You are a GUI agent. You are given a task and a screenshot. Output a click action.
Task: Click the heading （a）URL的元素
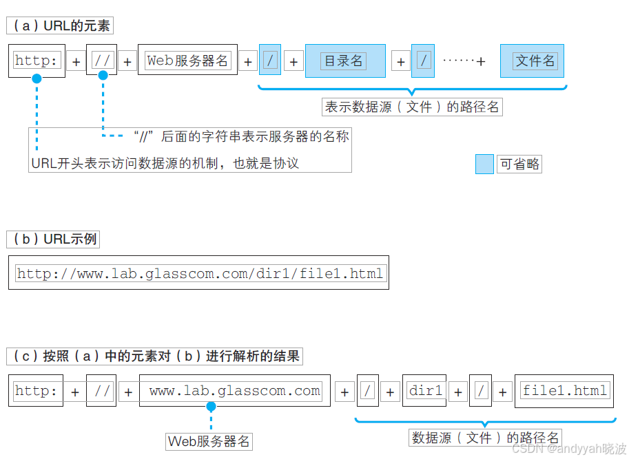tap(59, 26)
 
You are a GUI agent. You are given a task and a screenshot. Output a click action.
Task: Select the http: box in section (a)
tap(37, 61)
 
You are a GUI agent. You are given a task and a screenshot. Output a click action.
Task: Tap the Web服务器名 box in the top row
tap(187, 61)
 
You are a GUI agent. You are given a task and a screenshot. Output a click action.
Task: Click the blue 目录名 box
tap(344, 61)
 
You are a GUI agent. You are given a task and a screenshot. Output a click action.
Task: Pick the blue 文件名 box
tap(535, 61)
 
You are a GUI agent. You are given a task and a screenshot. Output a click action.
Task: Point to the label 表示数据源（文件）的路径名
tap(412, 107)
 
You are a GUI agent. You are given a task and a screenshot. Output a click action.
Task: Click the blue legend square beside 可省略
tap(485, 164)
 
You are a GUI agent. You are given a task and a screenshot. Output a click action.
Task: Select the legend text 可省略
tap(519, 164)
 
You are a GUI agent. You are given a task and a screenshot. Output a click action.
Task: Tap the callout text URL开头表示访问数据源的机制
tap(165, 163)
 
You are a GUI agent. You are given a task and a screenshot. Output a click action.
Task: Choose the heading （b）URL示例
tap(52, 239)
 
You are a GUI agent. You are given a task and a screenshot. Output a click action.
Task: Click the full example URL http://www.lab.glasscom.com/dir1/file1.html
tap(200, 274)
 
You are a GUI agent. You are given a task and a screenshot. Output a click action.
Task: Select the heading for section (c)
tap(155, 356)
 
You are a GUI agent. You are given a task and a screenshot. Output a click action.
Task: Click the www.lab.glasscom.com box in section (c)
tap(235, 392)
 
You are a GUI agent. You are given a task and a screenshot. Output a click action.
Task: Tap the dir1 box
tap(425, 392)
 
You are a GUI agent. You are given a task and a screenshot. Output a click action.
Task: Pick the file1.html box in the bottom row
tap(565, 392)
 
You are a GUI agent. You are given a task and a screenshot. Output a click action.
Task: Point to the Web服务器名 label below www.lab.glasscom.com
tap(209, 441)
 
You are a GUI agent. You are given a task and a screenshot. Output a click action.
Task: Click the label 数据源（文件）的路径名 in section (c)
tap(486, 438)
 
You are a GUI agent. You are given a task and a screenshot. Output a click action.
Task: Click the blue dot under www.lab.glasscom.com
tap(211, 407)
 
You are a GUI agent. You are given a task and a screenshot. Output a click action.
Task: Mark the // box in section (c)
tap(101, 392)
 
